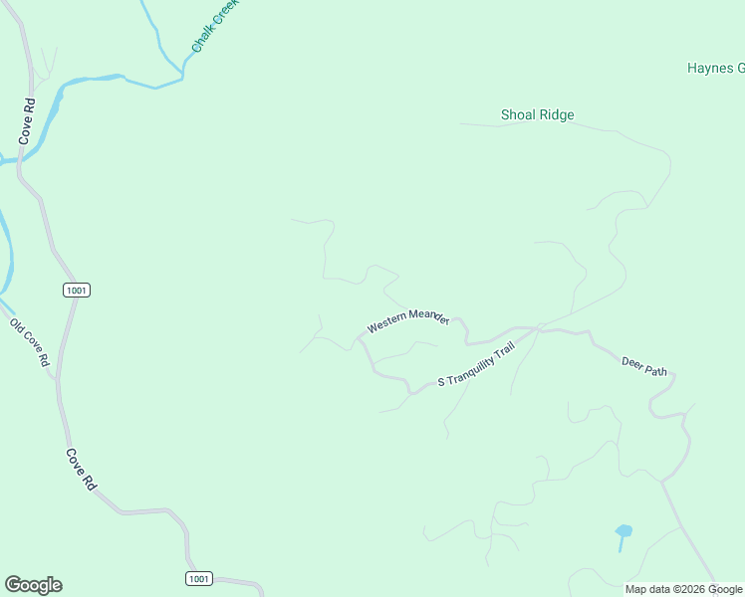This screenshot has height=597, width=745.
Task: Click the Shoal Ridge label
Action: point(537,115)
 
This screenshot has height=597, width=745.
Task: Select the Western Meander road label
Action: point(408,320)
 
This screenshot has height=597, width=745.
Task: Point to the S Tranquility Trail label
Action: point(476,366)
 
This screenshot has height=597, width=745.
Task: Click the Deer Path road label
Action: point(644,365)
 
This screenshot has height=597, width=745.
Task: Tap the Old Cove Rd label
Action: point(30,342)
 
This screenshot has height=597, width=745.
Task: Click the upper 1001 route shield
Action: point(77,290)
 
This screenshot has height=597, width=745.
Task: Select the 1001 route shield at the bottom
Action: point(199,578)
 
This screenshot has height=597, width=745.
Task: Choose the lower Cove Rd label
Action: point(81,469)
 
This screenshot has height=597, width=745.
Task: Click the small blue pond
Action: point(623,532)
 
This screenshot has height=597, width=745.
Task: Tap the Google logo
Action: point(34,585)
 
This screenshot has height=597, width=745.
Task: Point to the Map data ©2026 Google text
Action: point(683,589)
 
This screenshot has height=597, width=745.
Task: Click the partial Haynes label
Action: point(715,69)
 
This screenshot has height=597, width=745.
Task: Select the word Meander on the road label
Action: point(428,316)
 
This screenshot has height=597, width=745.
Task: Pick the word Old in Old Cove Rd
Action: point(17,325)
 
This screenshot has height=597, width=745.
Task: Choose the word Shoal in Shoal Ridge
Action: point(518,115)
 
